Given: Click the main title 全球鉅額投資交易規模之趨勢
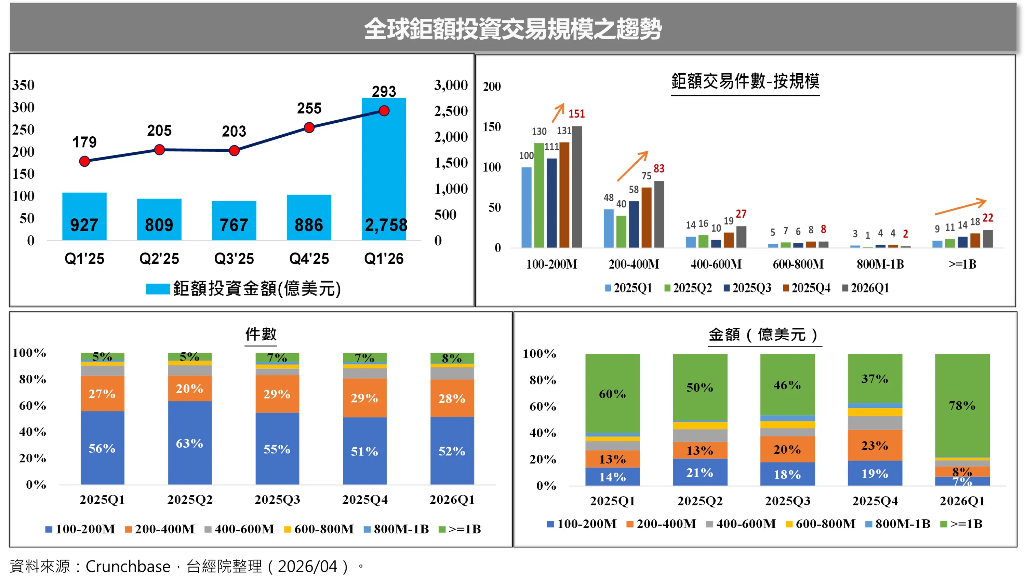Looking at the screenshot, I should [x=512, y=29].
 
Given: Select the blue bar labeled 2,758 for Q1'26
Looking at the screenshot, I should [x=384, y=169].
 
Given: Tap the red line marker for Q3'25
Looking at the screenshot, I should [x=234, y=151].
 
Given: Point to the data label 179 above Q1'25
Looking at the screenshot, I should [x=84, y=142].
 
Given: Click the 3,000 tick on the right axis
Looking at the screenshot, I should [x=451, y=85].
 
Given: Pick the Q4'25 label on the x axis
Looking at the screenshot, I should [x=309, y=259].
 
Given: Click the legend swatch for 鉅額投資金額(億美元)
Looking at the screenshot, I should [x=158, y=289].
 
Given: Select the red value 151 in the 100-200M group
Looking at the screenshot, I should [x=576, y=114].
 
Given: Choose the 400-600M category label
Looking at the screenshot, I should [x=716, y=264].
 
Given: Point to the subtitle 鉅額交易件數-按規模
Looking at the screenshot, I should [x=745, y=82].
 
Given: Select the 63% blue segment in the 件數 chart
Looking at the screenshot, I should [x=190, y=443].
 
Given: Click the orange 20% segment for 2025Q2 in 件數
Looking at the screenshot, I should [x=190, y=388].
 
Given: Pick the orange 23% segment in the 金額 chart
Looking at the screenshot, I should [x=875, y=445].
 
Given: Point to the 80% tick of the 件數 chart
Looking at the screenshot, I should [x=32, y=379].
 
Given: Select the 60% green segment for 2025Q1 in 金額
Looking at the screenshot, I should [x=612, y=393].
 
